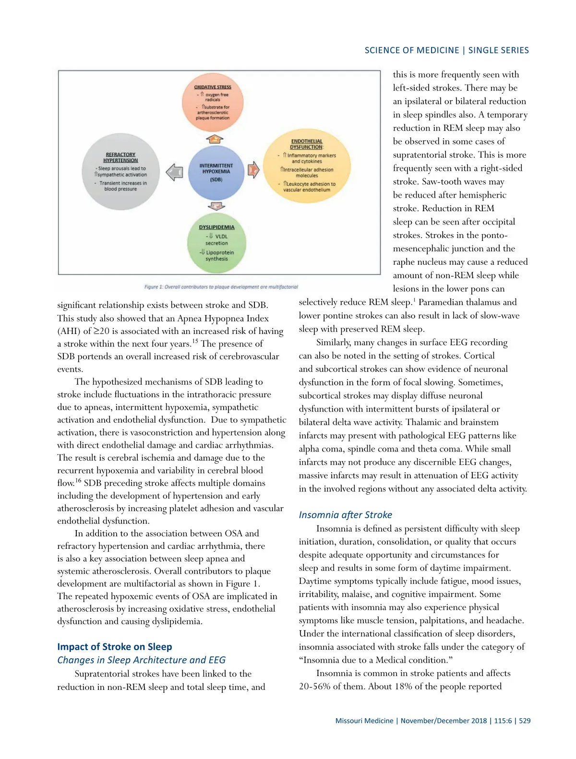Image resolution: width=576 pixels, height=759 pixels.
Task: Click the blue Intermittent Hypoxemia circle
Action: [x=216, y=173]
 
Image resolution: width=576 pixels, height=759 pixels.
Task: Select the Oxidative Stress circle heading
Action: [x=213, y=87]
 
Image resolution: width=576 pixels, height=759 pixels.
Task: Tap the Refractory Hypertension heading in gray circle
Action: [x=120, y=157]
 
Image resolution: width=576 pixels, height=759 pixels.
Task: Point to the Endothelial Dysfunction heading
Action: [x=307, y=144]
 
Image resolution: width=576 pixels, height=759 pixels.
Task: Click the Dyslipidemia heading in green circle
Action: [x=216, y=227]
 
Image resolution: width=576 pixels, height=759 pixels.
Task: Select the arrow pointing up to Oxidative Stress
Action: [x=216, y=139]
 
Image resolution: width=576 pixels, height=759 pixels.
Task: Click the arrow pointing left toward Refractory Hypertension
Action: [x=174, y=172]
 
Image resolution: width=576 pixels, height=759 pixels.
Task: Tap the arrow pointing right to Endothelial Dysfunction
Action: [x=253, y=169]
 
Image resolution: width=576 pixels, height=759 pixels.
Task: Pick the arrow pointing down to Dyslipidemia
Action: [x=216, y=206]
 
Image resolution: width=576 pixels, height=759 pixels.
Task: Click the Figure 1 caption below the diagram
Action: [x=221, y=287]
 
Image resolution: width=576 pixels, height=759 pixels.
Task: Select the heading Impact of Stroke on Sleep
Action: [x=115, y=647]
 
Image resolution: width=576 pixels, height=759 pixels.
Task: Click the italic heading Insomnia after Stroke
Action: [x=345, y=515]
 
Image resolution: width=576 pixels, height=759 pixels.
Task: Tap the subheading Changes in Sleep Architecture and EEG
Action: [x=141, y=660]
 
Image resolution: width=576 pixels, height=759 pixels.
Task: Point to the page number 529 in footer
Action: [x=525, y=721]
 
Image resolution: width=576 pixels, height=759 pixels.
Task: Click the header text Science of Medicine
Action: [x=412, y=50]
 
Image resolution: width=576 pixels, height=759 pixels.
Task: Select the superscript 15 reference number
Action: [x=195, y=341]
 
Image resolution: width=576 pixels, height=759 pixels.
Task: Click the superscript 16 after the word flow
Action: [x=78, y=480]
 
